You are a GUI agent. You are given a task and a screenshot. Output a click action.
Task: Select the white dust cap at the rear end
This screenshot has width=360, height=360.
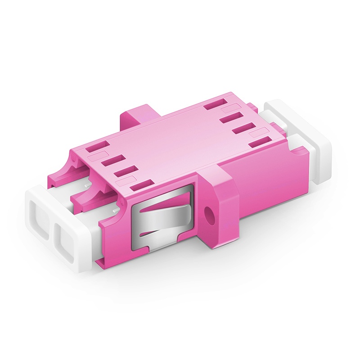click(x=310, y=139)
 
